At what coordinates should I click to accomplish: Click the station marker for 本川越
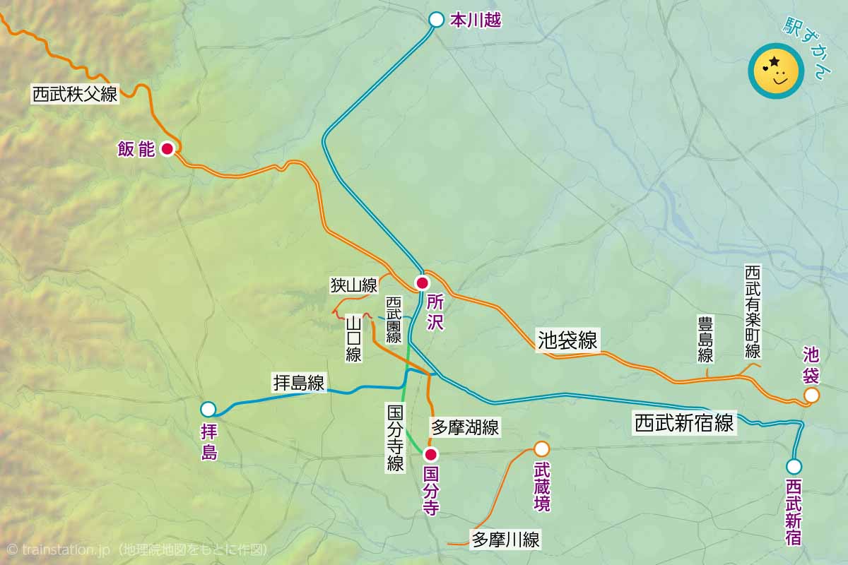[x=437, y=20]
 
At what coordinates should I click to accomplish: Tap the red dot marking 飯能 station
[x=167, y=149]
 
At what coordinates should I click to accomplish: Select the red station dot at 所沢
[x=422, y=283]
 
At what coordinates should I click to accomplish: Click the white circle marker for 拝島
[x=208, y=409]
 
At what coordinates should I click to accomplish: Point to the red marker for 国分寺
[x=430, y=454]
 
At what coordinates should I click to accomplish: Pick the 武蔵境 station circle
[x=541, y=448]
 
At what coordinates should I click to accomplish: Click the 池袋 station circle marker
[x=812, y=395]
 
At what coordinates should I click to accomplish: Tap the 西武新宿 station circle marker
[x=794, y=466]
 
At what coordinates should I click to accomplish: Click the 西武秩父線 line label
[x=75, y=94]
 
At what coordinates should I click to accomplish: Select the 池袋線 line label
[x=567, y=341]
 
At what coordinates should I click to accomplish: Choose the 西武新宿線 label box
[x=684, y=424]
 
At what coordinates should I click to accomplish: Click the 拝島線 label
[x=299, y=383]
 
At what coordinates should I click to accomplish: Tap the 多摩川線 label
[x=505, y=541]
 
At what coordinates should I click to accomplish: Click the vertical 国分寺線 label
[x=395, y=437]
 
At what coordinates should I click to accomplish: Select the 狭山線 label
[x=354, y=285]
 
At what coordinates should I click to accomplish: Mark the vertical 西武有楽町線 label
[x=753, y=311]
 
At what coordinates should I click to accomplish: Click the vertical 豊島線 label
[x=705, y=339]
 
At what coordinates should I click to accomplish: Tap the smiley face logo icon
[x=775, y=71]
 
